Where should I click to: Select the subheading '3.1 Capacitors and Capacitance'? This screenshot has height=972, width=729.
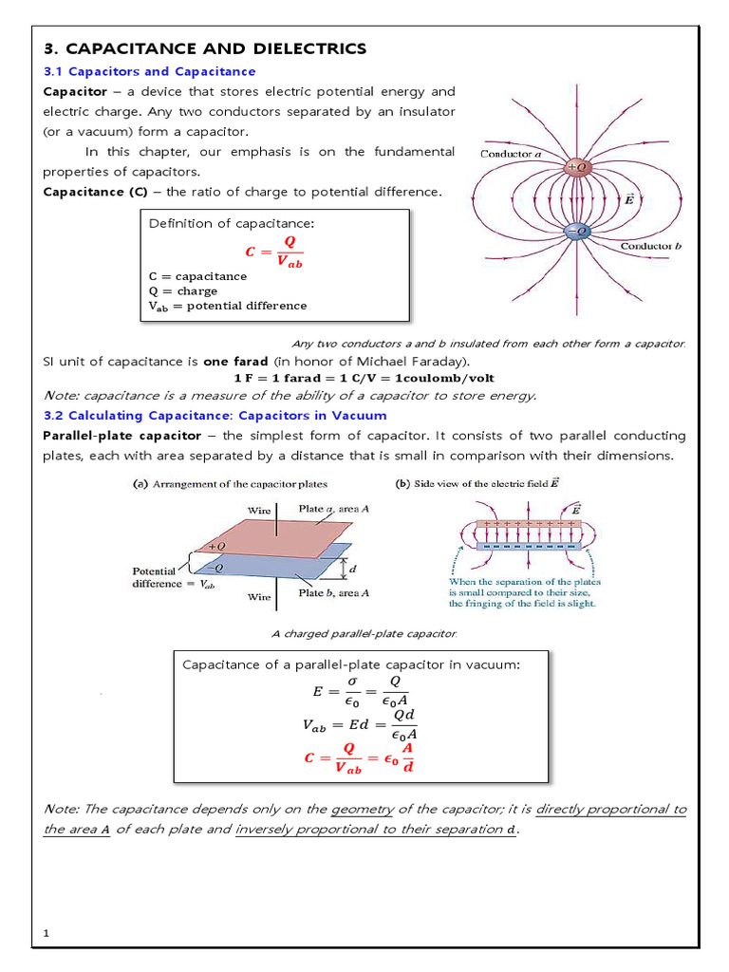coord(150,71)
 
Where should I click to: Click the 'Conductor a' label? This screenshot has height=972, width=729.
coord(512,153)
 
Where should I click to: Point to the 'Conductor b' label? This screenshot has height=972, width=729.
coord(652,246)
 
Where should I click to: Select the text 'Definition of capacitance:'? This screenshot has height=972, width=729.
coord(231,223)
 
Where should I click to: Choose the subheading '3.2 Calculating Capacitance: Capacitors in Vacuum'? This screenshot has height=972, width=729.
coord(215,416)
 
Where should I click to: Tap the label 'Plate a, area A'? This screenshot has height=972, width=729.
coord(334,509)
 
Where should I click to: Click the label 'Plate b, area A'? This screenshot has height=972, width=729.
coord(334,593)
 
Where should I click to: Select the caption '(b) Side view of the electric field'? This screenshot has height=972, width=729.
coord(477,483)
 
